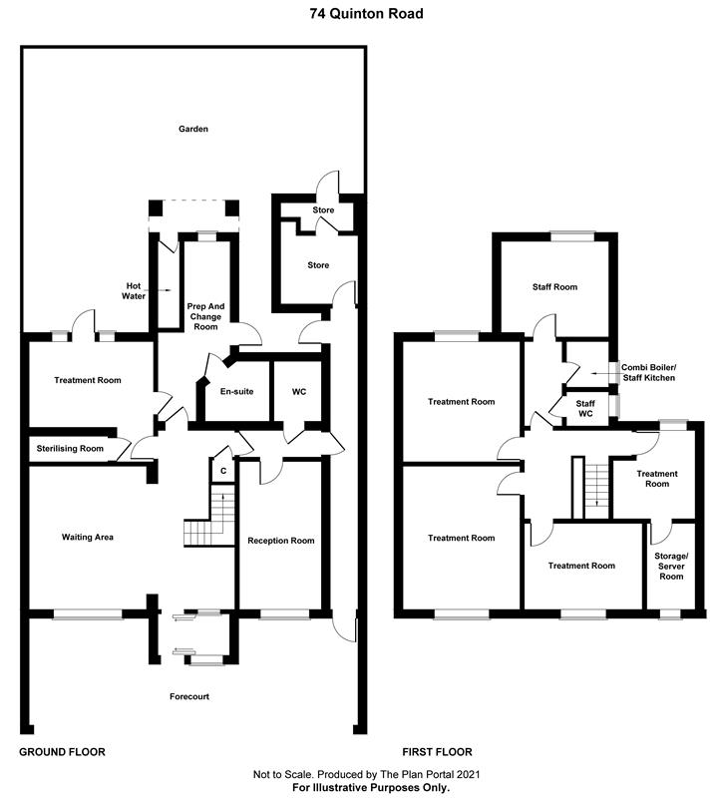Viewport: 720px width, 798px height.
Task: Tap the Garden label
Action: (192, 130)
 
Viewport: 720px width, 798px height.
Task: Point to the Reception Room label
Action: (281, 541)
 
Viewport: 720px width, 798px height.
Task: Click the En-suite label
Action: (237, 391)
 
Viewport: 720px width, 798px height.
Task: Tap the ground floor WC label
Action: (299, 391)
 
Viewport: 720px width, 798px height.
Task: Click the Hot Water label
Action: (134, 289)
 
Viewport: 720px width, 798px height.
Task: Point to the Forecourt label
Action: (188, 696)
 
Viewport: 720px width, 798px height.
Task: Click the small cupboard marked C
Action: (223, 469)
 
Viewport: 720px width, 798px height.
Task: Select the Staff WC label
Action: (586, 408)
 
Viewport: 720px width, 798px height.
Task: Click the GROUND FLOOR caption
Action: (63, 751)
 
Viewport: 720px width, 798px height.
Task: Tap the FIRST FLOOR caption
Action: (437, 751)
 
